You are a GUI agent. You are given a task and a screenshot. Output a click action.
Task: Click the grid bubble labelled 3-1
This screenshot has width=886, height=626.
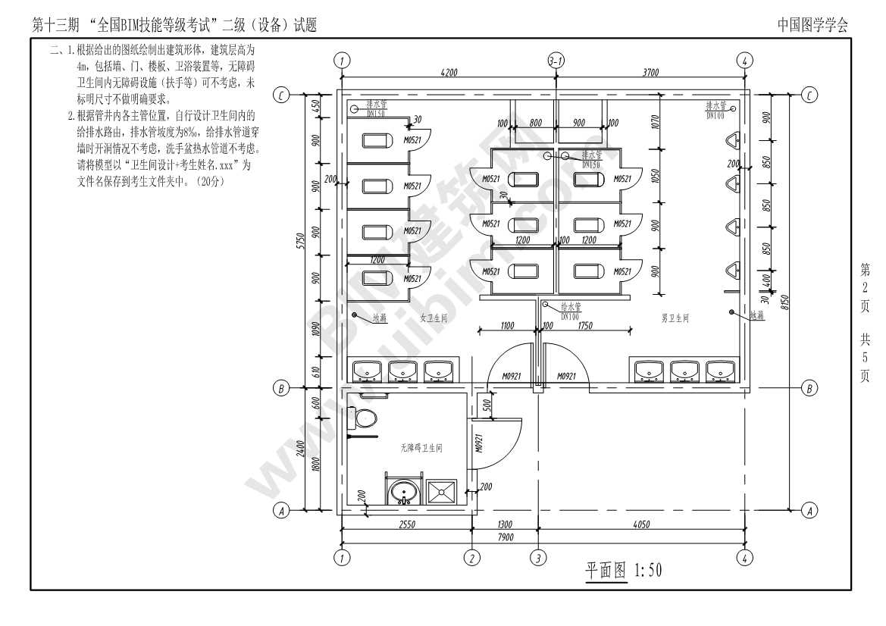pyautogui.click(x=556, y=61)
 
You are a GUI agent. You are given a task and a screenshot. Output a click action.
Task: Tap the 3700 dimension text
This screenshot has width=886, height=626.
pyautogui.click(x=650, y=73)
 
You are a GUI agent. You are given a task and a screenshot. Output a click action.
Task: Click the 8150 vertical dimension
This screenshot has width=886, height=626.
pyautogui.click(x=785, y=302)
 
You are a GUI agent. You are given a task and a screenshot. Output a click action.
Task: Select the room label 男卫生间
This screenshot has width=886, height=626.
pyautogui.click(x=674, y=319)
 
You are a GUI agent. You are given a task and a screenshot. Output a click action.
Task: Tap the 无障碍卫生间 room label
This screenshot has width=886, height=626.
pyautogui.click(x=421, y=449)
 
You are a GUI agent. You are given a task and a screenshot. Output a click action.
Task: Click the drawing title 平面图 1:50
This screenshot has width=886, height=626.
pyautogui.click(x=623, y=570)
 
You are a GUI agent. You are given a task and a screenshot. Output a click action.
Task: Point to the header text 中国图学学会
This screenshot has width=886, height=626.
pyautogui.click(x=812, y=25)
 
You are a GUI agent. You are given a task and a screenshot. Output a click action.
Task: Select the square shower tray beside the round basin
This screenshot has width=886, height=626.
pyautogui.click(x=441, y=492)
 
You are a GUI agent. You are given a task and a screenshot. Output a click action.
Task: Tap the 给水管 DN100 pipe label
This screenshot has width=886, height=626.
pyautogui.click(x=570, y=308)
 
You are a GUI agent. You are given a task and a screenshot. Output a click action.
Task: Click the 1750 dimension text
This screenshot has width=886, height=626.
pyautogui.click(x=584, y=326)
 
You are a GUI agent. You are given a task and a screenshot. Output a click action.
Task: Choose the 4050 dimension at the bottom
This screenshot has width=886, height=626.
pyautogui.click(x=640, y=524)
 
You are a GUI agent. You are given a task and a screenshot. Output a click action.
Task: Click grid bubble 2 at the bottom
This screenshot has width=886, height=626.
pyautogui.click(x=472, y=559)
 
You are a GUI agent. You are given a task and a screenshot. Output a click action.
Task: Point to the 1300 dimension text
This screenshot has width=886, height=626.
pyautogui.click(x=505, y=524)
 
